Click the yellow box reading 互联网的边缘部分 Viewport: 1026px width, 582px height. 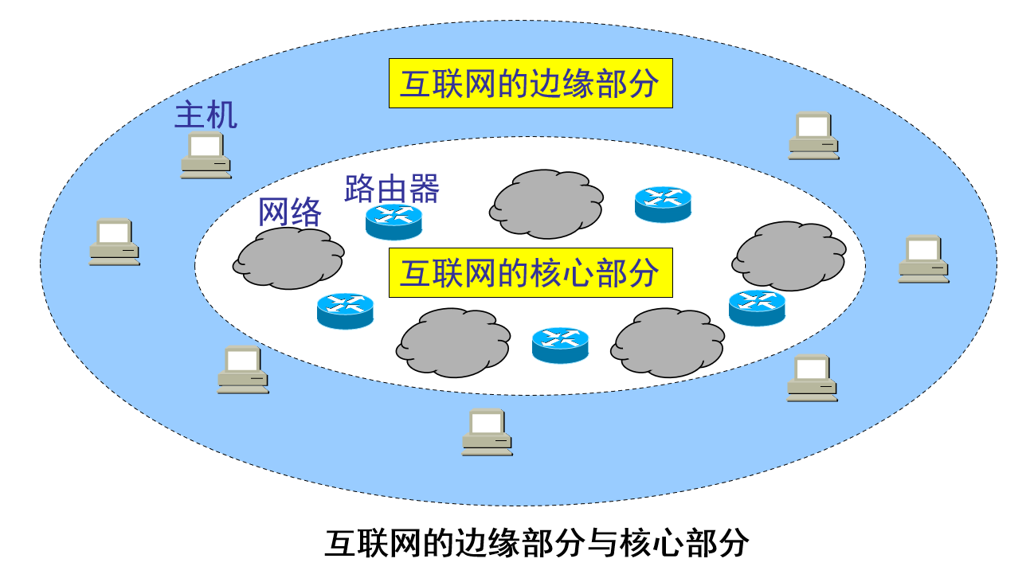pos(531,84)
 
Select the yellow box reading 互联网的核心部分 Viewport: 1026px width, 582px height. pos(531,273)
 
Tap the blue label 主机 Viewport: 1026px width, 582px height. pos(206,116)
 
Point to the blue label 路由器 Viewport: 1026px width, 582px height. pos(392,189)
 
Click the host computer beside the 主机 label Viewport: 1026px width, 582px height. pos(206,155)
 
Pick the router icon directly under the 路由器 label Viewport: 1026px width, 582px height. pos(394,221)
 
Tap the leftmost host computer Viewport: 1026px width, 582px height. pos(114,241)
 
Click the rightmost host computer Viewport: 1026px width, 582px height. pos(923,259)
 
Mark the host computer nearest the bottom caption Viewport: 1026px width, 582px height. pos(487,432)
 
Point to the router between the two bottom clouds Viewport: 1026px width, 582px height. pos(560,344)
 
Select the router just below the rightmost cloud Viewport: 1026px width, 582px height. pos(757,307)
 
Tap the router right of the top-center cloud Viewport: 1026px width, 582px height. pos(663,204)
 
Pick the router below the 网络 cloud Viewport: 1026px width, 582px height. pos(345,310)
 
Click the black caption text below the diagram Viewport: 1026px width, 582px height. pos(537,543)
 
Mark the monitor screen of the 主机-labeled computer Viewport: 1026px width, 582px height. pos(205,146)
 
